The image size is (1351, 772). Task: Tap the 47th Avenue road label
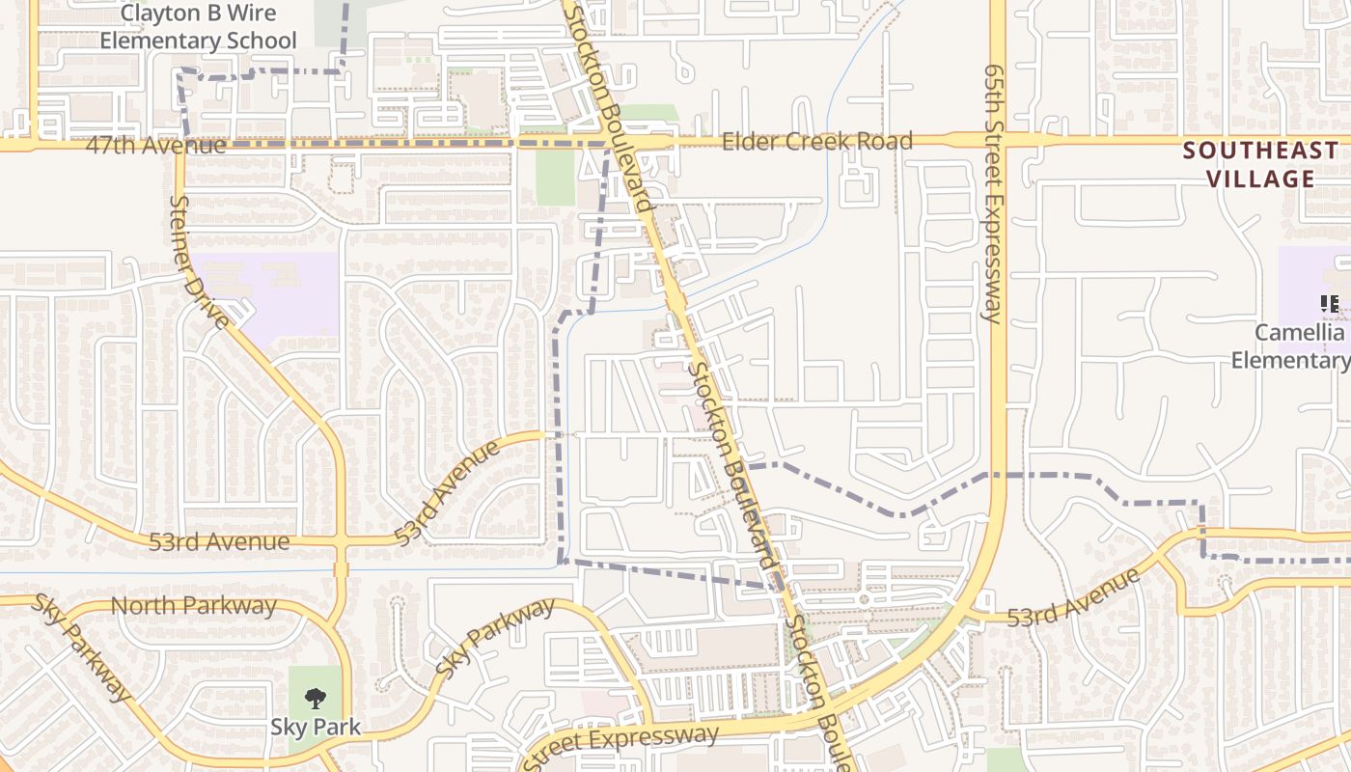coord(155,146)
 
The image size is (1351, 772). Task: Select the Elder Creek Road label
coord(816,142)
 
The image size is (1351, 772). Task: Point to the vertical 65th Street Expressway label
coord(993,193)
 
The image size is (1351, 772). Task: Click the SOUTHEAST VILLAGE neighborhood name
coord(1260,164)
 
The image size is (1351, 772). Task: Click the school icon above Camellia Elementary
coord(1330,305)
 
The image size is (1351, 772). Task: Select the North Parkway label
coord(194,606)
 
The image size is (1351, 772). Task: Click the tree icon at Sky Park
coord(315,698)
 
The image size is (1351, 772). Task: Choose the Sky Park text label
coord(315,727)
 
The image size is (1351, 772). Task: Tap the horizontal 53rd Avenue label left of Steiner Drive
coord(219,541)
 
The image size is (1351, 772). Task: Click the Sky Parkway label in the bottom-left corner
coord(82,647)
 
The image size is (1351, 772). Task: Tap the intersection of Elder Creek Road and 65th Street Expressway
coord(1000,141)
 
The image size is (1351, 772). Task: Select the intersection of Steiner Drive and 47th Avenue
coord(179,145)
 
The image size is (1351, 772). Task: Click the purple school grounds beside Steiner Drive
coord(280,289)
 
